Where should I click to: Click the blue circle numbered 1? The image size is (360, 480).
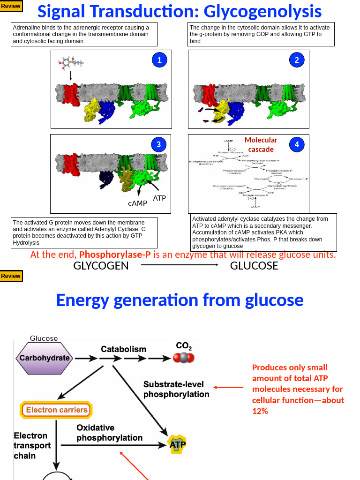click(159, 60)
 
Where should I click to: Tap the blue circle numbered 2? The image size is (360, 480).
click(297, 60)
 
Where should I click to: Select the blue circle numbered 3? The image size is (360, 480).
click(159, 145)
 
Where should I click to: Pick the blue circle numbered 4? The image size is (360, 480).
click(297, 145)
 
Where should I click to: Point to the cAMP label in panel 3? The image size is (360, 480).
click(137, 203)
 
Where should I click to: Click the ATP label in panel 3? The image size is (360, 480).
click(159, 198)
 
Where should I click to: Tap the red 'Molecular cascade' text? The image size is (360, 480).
click(261, 144)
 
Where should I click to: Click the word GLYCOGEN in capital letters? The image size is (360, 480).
click(101, 266)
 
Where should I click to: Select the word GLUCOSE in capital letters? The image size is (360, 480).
click(254, 266)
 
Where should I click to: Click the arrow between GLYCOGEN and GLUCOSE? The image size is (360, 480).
click(180, 265)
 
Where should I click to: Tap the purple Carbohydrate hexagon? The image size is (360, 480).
click(45, 358)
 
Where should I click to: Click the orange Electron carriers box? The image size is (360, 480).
click(56, 410)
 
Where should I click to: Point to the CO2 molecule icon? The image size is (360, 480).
click(184, 358)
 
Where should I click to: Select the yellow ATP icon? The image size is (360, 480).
click(177, 444)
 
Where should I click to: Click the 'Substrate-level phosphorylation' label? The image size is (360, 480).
click(176, 389)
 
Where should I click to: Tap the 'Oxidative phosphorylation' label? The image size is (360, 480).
click(109, 433)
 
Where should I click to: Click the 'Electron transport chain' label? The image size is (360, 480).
click(32, 445)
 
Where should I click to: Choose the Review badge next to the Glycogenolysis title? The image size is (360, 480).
click(11, 6)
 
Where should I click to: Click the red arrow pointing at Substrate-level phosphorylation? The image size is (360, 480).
click(229, 387)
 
